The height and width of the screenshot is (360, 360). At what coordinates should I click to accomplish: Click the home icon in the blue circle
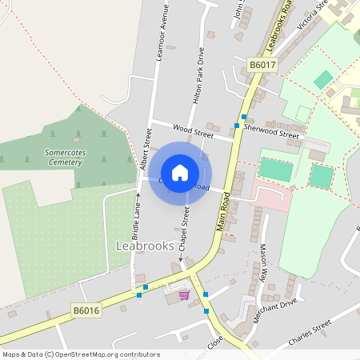coord(180,173)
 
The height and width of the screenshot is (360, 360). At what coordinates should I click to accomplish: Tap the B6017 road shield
coord(262,65)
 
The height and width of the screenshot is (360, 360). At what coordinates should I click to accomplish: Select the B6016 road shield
coord(86,310)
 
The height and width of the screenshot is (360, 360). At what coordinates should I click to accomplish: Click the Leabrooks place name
coord(145,246)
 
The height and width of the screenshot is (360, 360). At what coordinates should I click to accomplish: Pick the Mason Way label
coord(262,268)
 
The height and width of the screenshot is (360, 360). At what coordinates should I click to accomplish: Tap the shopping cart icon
coord(185,294)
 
